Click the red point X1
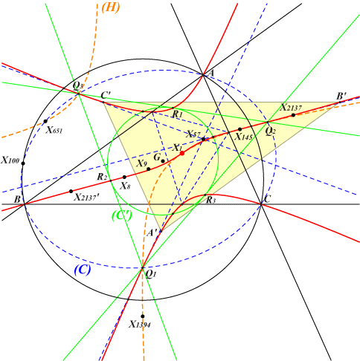point(182,153)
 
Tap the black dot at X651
point(45,121)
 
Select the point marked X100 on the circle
point(23,163)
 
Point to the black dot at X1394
point(143,316)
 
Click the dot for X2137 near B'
point(293,115)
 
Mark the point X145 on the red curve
point(240,129)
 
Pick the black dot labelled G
point(163,161)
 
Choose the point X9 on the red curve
point(149,169)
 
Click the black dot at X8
point(124,177)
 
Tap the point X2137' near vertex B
point(71,191)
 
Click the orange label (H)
point(111,7)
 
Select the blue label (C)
point(83,270)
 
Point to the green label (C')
point(122,215)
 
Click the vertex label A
point(211,73)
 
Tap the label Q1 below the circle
point(150,275)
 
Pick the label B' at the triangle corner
point(341,96)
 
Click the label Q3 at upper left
point(78,86)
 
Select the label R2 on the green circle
point(102,177)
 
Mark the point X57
point(203,139)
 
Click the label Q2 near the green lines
point(270,131)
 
